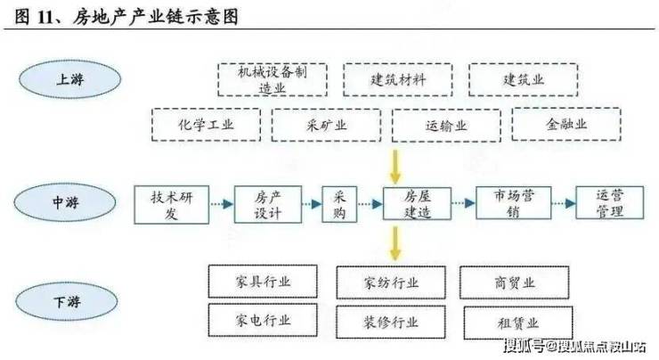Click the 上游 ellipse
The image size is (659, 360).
66,79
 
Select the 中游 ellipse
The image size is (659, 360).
65,203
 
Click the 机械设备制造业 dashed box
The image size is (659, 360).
270,79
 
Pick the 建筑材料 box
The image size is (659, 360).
398,79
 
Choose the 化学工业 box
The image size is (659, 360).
206,125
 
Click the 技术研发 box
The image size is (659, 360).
171,204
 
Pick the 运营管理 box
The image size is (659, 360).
610,203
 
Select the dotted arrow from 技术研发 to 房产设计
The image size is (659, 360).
222,204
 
